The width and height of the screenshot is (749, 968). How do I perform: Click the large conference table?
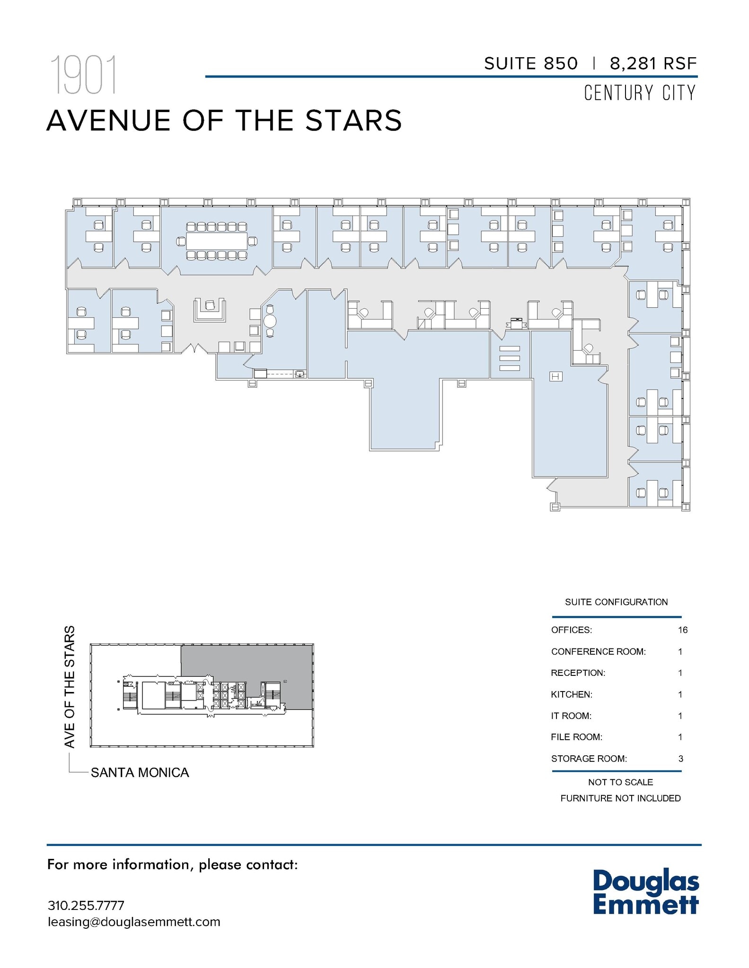tap(217, 242)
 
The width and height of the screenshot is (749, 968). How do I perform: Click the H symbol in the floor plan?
tap(555, 376)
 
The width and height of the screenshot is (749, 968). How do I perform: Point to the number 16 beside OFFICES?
tap(682, 630)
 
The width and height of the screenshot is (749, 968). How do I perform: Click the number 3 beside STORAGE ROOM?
tap(680, 759)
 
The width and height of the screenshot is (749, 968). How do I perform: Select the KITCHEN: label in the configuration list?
tap(571, 694)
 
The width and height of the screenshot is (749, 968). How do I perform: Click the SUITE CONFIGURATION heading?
tap(616, 602)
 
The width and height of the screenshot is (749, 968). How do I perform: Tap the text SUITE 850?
tap(530, 63)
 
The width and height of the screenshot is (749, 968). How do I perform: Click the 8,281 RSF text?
tap(653, 63)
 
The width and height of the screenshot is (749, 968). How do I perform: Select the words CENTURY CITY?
tap(640, 93)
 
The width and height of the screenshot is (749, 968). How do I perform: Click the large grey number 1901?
tap(83, 75)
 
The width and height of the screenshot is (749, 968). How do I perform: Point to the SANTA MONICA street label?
tap(140, 772)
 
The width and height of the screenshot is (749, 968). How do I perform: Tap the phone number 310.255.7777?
tap(86, 906)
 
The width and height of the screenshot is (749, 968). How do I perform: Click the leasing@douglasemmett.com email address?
tap(134, 922)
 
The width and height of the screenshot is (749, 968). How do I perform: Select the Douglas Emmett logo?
tap(645, 892)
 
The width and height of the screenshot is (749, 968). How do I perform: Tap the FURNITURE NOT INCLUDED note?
tap(620, 798)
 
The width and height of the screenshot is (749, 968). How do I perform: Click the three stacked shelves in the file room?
tap(509, 358)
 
